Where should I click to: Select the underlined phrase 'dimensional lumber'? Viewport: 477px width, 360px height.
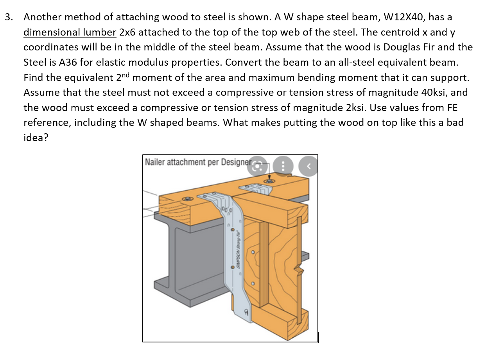coord(70,32)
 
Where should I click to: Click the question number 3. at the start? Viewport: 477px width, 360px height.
coord(9,17)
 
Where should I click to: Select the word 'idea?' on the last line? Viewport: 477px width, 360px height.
coord(36,138)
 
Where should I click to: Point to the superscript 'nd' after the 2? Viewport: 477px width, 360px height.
coord(126,75)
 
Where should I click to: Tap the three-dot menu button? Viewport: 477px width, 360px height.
coord(283,166)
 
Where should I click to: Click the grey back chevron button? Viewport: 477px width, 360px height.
coord(308,166)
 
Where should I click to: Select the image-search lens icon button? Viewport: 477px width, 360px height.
coord(257,166)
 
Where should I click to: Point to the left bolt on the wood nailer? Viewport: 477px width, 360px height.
coord(188,199)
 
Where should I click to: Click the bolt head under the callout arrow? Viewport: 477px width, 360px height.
coord(269,181)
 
